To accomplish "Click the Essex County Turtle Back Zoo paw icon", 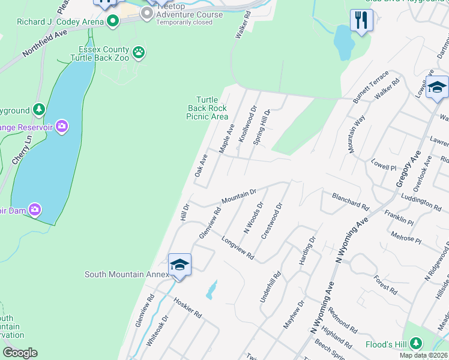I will click(x=139, y=52).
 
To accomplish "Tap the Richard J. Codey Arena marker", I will click(x=112, y=22).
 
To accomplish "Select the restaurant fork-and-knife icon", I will click(x=361, y=20).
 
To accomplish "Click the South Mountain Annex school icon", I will click(x=179, y=265).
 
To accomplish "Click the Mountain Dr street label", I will click(x=239, y=196).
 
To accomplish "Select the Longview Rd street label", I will click(x=238, y=248).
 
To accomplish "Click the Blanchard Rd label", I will click(x=351, y=201).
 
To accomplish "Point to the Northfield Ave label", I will click(x=45, y=44).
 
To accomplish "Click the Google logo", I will click(x=20, y=353).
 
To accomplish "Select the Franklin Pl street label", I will click(x=399, y=217).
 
